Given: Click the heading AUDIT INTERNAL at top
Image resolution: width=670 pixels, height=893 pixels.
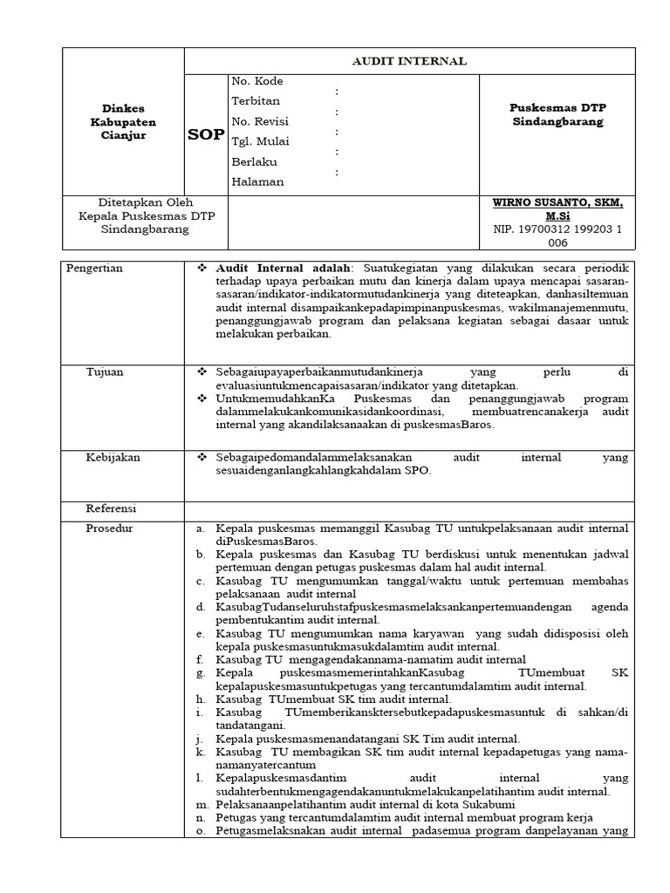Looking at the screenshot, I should [x=408, y=61].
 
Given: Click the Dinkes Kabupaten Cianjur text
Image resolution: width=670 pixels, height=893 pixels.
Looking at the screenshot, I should [x=122, y=122].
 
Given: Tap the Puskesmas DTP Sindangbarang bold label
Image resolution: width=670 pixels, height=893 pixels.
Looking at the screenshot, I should [x=557, y=114].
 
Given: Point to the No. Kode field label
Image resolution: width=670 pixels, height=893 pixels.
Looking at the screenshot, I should [x=257, y=81].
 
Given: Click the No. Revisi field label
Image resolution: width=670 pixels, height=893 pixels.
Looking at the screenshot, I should [x=260, y=121].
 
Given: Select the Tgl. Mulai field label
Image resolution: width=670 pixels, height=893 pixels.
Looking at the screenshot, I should [x=261, y=141].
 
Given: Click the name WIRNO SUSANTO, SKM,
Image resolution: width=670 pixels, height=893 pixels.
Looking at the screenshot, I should [x=557, y=202].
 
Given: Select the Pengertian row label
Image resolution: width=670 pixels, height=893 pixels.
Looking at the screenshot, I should [x=94, y=269].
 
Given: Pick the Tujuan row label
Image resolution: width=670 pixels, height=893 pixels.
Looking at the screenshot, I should [x=104, y=372].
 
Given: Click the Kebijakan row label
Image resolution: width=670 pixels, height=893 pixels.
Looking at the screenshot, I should [x=112, y=456].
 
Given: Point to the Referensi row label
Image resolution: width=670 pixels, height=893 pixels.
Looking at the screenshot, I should [x=111, y=508].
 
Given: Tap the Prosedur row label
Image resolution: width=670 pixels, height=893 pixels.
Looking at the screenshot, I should [x=109, y=528].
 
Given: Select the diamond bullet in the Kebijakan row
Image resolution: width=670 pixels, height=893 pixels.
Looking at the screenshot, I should [x=201, y=457].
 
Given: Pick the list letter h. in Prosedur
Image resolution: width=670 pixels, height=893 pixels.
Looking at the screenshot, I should [x=200, y=699].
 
